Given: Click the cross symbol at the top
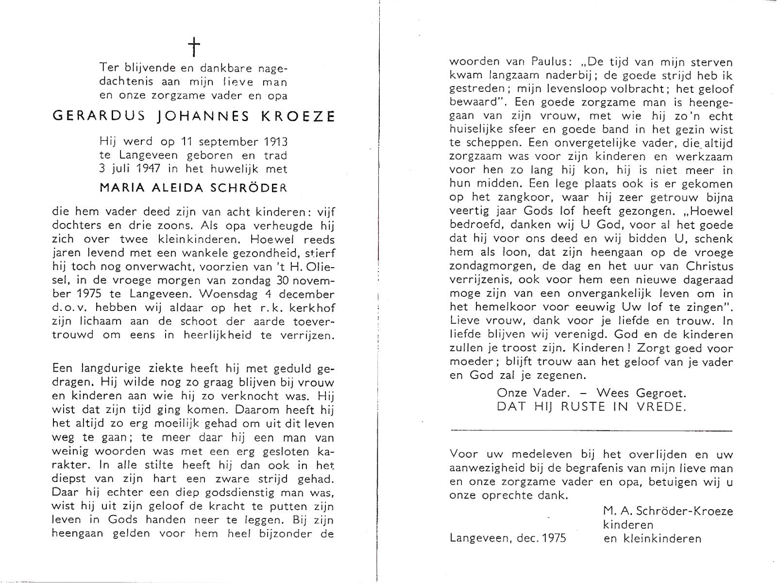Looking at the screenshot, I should pyautogui.click(x=194, y=48).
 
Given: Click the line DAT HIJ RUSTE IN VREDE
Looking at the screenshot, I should pyautogui.click(x=591, y=407).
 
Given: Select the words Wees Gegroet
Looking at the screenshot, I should pyautogui.click(x=642, y=393).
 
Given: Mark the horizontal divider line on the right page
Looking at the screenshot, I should pyautogui.click(x=591, y=430).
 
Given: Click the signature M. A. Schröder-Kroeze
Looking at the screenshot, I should pyautogui.click(x=668, y=511).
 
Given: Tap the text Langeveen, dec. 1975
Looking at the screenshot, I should pyautogui.click(x=507, y=538).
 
